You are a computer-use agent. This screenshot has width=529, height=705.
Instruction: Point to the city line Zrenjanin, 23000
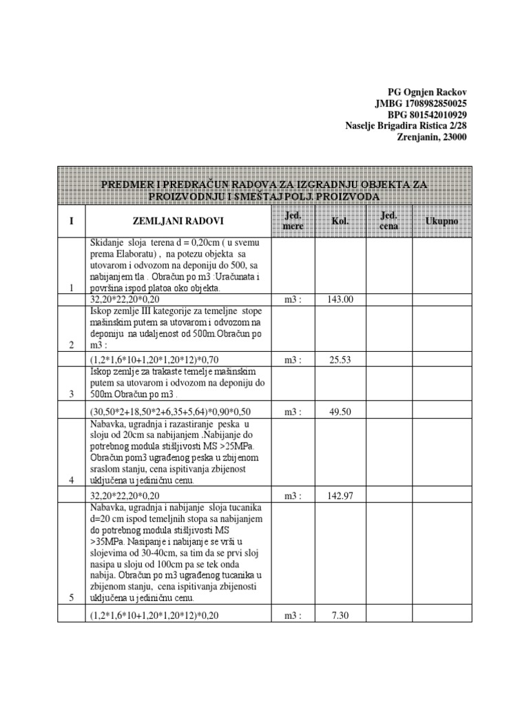432,136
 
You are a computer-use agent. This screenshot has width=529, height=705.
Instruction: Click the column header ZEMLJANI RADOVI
178,221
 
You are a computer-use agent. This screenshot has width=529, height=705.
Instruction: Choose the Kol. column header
340,221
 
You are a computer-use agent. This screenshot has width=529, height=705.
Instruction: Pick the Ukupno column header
442,221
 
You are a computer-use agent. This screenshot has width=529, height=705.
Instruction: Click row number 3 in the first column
72,394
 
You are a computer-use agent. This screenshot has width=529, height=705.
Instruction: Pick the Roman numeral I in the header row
72,221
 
